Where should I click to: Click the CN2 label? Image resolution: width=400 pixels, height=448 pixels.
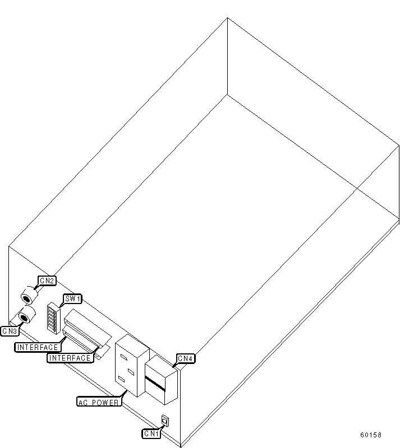click(46, 280)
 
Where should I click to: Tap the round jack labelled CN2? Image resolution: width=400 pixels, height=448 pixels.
click(28, 295)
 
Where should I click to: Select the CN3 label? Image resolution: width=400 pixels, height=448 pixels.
click(10, 331)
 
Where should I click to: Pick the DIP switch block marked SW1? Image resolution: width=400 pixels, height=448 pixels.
click(54, 318)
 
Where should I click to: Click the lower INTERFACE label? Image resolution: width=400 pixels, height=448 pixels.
click(70, 358)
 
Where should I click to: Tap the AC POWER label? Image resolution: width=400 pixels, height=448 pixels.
click(98, 402)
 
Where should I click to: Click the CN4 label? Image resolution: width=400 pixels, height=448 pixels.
click(186, 358)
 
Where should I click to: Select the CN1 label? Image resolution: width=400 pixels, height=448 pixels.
click(151, 433)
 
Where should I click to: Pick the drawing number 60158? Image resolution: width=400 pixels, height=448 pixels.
click(371, 435)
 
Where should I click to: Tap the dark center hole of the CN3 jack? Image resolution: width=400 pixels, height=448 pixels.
click(24, 318)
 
